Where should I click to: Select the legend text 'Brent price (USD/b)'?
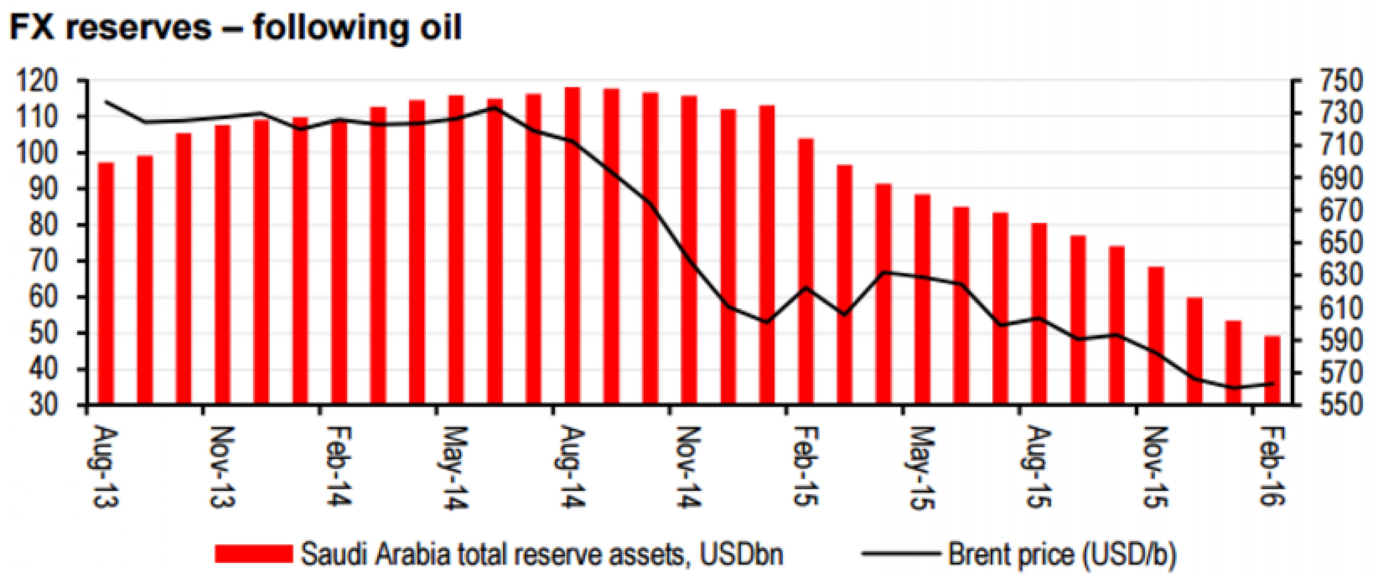click(x=1062, y=553)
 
